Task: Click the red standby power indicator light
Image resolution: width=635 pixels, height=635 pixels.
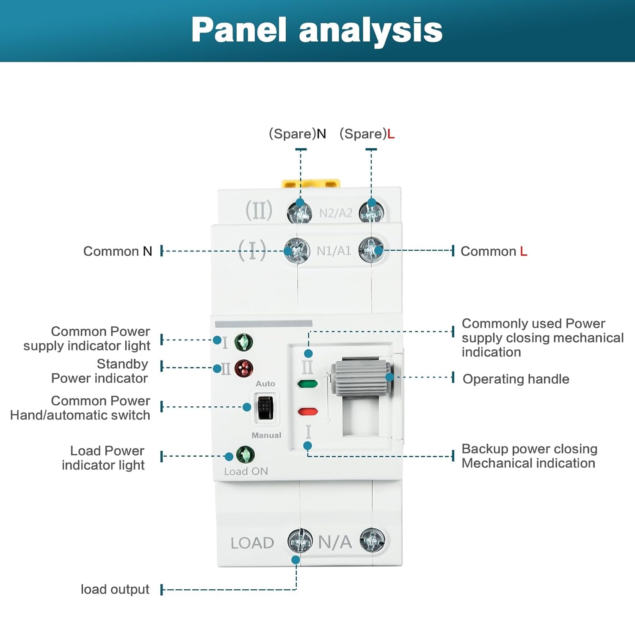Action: pyautogui.click(x=244, y=368)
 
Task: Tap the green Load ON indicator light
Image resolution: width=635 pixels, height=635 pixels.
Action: pyautogui.click(x=245, y=455)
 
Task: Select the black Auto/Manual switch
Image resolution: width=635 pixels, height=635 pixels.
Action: pyautogui.click(x=265, y=407)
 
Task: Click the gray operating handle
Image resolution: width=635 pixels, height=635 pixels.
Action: pyautogui.click(x=362, y=378)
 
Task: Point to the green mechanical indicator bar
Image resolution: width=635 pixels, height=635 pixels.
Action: pyautogui.click(x=308, y=384)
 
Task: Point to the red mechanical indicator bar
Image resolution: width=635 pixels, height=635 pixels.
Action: pyautogui.click(x=308, y=411)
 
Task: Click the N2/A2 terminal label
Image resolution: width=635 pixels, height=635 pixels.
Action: pyautogui.click(x=335, y=213)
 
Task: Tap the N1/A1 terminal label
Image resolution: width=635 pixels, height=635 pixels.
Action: pyautogui.click(x=334, y=251)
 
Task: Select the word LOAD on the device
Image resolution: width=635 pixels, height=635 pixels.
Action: pyautogui.click(x=252, y=543)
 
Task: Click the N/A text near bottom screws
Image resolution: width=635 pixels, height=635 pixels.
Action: pyautogui.click(x=335, y=542)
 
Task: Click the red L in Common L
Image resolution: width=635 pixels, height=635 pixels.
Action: pyautogui.click(x=524, y=251)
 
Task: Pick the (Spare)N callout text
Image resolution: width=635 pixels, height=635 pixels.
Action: pyautogui.click(x=298, y=134)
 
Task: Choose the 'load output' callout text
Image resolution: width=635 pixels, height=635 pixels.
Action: pyautogui.click(x=115, y=589)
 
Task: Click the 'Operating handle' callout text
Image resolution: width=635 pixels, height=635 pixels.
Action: pyautogui.click(x=516, y=379)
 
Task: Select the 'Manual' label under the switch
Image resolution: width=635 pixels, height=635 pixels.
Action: pyautogui.click(x=266, y=435)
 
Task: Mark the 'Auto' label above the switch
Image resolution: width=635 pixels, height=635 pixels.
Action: pyautogui.click(x=265, y=384)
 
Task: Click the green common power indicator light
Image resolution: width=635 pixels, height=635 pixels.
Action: pyautogui.click(x=244, y=342)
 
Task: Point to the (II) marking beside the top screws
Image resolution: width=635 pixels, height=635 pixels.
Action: pyautogui.click(x=259, y=210)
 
